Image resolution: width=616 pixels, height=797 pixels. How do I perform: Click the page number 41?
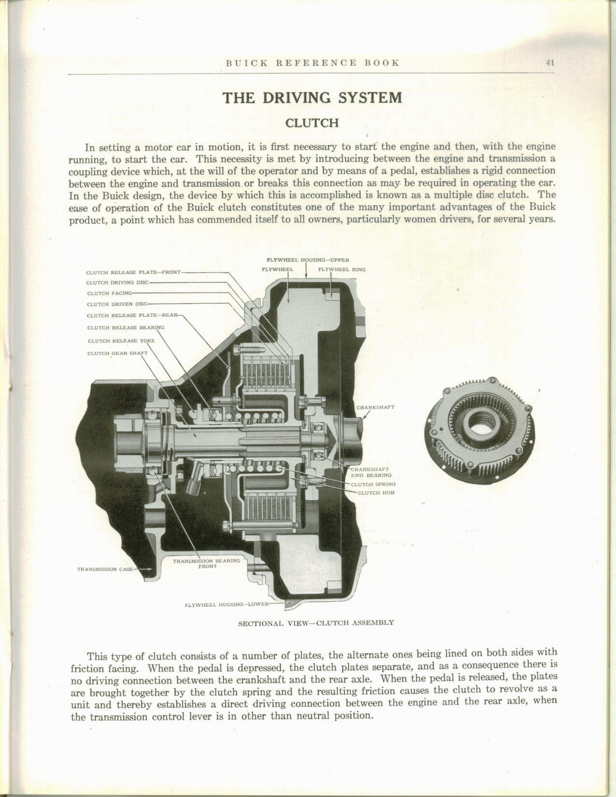[550, 63]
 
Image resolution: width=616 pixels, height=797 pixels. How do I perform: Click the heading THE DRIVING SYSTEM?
[312, 97]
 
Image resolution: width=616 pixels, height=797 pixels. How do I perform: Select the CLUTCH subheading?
[312, 123]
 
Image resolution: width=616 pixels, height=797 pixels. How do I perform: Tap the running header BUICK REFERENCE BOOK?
[312, 63]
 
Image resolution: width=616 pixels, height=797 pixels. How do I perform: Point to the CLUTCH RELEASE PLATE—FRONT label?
[133, 272]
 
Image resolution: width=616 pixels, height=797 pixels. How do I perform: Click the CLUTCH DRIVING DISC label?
[117, 282]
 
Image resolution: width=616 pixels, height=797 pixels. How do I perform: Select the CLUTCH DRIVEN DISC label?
[117, 304]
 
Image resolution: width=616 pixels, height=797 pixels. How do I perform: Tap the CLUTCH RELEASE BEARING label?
[125, 328]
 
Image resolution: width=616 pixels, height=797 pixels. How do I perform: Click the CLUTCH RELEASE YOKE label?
[121, 341]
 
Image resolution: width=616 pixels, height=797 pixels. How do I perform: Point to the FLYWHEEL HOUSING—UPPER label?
[308, 260]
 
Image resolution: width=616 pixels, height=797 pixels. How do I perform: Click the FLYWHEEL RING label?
[341, 269]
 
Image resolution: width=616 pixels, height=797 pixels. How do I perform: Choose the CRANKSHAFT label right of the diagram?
[375, 407]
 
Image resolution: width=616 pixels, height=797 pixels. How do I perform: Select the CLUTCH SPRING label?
[373, 484]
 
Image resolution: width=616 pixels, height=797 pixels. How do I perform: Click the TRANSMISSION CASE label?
[104, 569]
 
